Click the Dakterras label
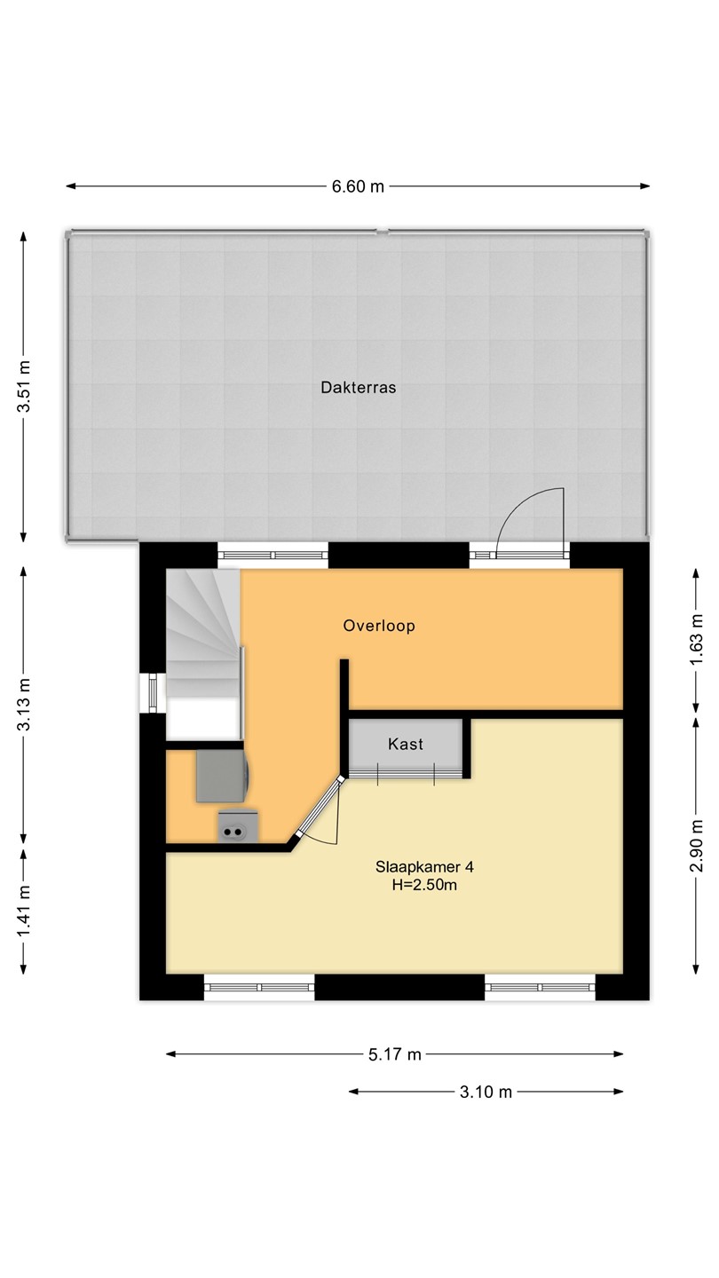point(359,387)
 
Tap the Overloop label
point(379,626)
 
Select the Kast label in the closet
point(406,744)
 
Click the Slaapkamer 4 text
point(424,866)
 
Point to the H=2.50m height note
point(424,885)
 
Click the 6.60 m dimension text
point(359,186)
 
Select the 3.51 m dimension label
point(23,386)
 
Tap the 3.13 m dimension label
point(23,705)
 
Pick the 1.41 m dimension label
point(23,911)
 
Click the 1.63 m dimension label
point(696,640)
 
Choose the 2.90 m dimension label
point(696,846)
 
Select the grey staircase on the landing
point(203,634)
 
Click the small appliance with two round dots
point(238,826)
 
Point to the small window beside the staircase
point(153,693)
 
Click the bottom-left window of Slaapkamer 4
point(259,987)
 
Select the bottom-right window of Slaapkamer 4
point(540,987)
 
